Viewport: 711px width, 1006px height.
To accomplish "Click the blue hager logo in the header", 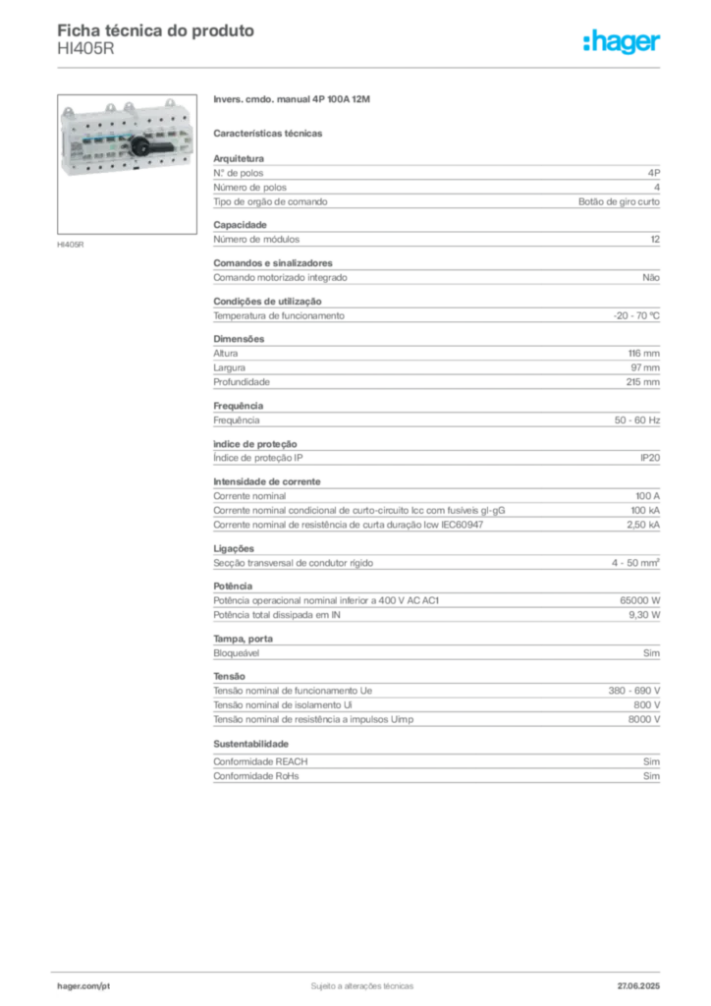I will (x=623, y=42).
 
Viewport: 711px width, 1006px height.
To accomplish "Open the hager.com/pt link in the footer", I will (x=82, y=984).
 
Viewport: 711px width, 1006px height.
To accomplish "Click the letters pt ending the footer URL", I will (x=105, y=984).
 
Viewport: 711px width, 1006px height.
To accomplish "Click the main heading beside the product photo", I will (x=294, y=101).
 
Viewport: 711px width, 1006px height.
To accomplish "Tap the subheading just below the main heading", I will (x=270, y=133).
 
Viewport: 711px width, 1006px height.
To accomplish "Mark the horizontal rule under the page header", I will (x=361, y=67).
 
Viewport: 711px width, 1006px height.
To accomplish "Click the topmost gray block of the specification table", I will (x=436, y=181).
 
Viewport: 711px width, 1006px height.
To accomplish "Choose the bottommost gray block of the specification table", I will (x=436, y=764).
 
